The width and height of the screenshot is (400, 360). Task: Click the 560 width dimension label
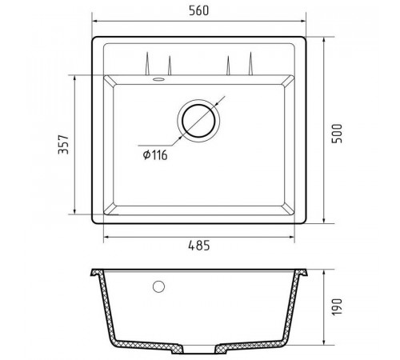tap(198, 10)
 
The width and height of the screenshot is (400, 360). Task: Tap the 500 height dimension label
tap(337, 134)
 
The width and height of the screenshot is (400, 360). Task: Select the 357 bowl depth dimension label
tap(63, 145)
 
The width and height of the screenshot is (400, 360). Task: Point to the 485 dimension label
tap(199, 246)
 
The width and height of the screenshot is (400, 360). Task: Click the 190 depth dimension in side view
tap(337, 307)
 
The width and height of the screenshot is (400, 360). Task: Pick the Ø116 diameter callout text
tap(155, 155)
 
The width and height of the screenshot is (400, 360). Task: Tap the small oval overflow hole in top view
tap(158, 79)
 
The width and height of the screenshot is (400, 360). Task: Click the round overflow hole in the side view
tap(158, 286)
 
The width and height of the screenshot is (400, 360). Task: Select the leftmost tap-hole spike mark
tap(147, 63)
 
